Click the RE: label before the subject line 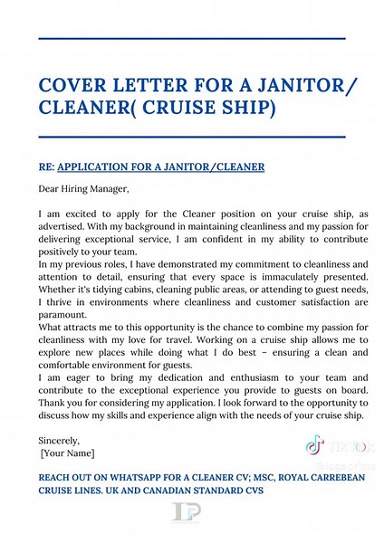46,168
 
